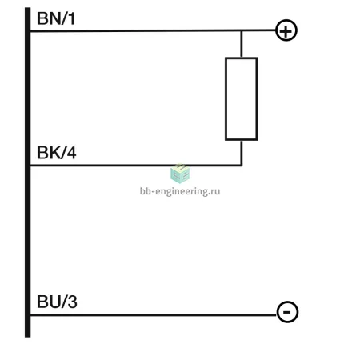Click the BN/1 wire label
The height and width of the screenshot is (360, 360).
56,18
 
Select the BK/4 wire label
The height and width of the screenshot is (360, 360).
57,153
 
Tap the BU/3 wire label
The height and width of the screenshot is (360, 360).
57,302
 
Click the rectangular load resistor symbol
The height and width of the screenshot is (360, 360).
226,98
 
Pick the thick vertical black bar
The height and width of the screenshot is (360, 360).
28,172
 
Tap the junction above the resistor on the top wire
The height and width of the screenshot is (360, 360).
242,30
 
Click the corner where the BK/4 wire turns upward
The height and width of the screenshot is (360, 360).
242,166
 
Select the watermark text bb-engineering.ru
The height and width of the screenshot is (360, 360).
180,191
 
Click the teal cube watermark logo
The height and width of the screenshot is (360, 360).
180,174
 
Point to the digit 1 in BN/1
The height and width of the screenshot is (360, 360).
71,18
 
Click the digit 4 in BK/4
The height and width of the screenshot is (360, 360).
71,153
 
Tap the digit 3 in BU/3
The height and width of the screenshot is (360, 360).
72,302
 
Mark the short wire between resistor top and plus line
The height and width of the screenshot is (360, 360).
242,44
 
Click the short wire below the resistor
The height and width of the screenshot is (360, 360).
242,153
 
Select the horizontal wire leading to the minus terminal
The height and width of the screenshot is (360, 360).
154,315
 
